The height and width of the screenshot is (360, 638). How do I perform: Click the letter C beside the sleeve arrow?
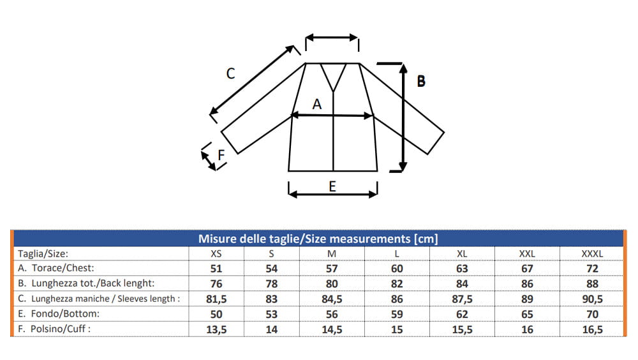tap(231, 73)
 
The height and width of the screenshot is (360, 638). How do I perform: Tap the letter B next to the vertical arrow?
tap(421, 82)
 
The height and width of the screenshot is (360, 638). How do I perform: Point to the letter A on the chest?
tap(317, 105)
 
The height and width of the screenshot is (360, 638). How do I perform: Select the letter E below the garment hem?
tap(332, 186)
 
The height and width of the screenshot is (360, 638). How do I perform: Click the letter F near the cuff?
tap(221, 155)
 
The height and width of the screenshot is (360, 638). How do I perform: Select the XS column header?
tap(216, 253)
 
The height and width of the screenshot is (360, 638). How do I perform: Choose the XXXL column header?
tap(592, 253)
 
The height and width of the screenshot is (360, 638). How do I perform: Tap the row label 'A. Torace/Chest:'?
tap(56, 268)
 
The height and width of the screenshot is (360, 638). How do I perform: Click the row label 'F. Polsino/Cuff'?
tap(54, 329)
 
